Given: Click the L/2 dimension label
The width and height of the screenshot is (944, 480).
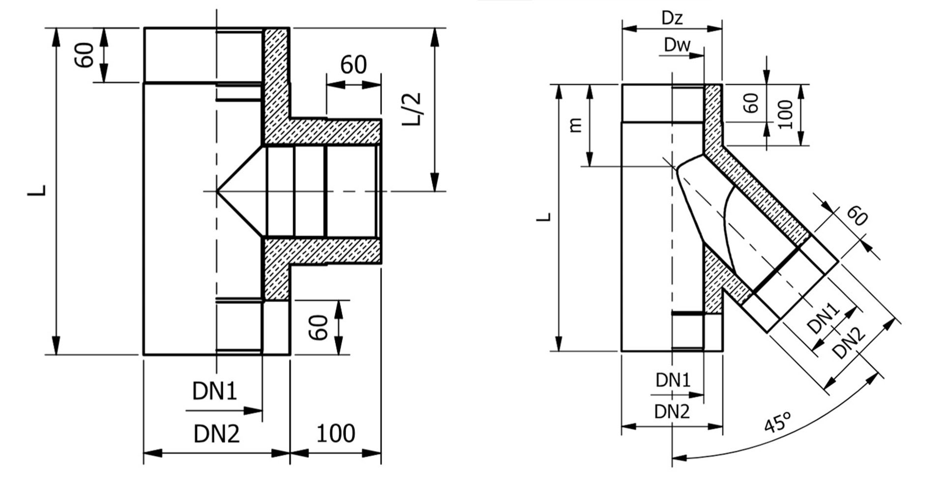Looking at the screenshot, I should tap(412, 109).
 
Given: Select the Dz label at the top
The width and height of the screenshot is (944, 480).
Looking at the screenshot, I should tap(672, 18).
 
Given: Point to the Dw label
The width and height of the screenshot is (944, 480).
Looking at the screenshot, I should tap(677, 45).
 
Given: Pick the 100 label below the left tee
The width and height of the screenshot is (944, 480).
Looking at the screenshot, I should tap(335, 434).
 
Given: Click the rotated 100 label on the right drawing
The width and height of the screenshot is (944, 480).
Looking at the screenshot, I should tap(786, 114).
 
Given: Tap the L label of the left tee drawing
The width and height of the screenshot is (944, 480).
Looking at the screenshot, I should tap(37, 191).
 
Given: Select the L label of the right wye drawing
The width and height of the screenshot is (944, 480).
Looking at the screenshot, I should tap(544, 217).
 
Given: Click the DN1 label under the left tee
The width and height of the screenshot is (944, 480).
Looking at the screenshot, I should tap(214, 392).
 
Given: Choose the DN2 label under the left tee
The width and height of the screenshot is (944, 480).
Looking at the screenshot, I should tap(216, 434).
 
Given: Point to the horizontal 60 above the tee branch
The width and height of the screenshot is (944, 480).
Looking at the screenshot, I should tap(354, 65).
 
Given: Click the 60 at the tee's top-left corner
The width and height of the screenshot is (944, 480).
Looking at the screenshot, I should tap(85, 55).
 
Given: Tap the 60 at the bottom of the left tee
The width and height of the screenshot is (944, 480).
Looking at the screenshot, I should tap(319, 328).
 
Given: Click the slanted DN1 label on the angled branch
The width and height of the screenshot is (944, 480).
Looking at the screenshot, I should tap(824, 318).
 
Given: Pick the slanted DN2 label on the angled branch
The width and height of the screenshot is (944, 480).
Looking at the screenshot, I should tap(849, 343).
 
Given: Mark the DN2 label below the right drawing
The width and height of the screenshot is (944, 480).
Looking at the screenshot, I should tap(672, 412).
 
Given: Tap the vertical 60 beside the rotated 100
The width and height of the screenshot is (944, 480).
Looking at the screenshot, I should tap(751, 103).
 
